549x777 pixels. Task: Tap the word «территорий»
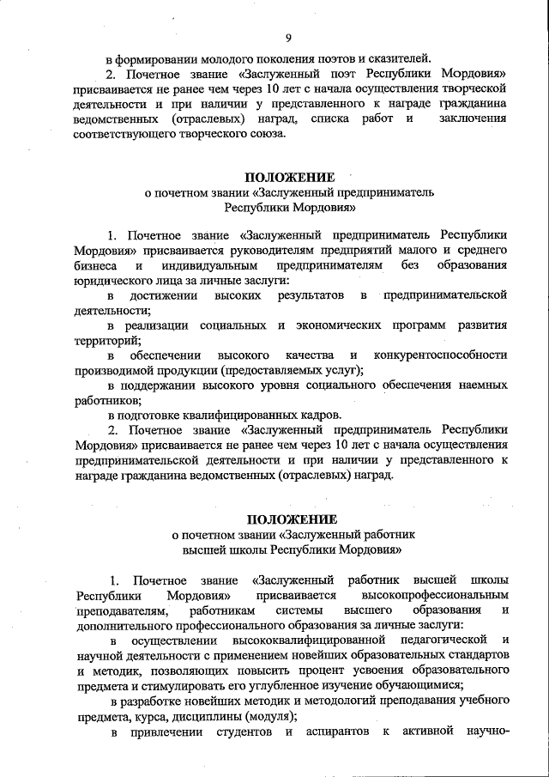[109, 341]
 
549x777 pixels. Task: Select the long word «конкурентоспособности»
[440, 355]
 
